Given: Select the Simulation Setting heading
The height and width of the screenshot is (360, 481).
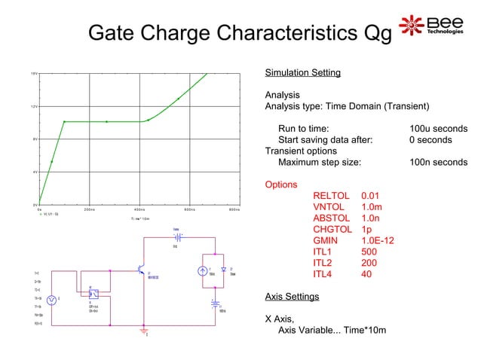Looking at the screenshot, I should [302, 73].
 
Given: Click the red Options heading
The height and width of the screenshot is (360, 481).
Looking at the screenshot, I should [280, 185].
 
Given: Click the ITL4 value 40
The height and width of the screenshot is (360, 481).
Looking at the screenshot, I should [367, 274].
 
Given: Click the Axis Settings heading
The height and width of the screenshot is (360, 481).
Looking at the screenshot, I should [292, 296].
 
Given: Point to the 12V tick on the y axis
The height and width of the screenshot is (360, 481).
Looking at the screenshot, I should [34, 106].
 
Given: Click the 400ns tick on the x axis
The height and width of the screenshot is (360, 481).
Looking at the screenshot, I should [139, 209].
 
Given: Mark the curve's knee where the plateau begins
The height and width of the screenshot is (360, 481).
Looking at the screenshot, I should [65, 121].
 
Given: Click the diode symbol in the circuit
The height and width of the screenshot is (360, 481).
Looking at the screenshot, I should [223, 269].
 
